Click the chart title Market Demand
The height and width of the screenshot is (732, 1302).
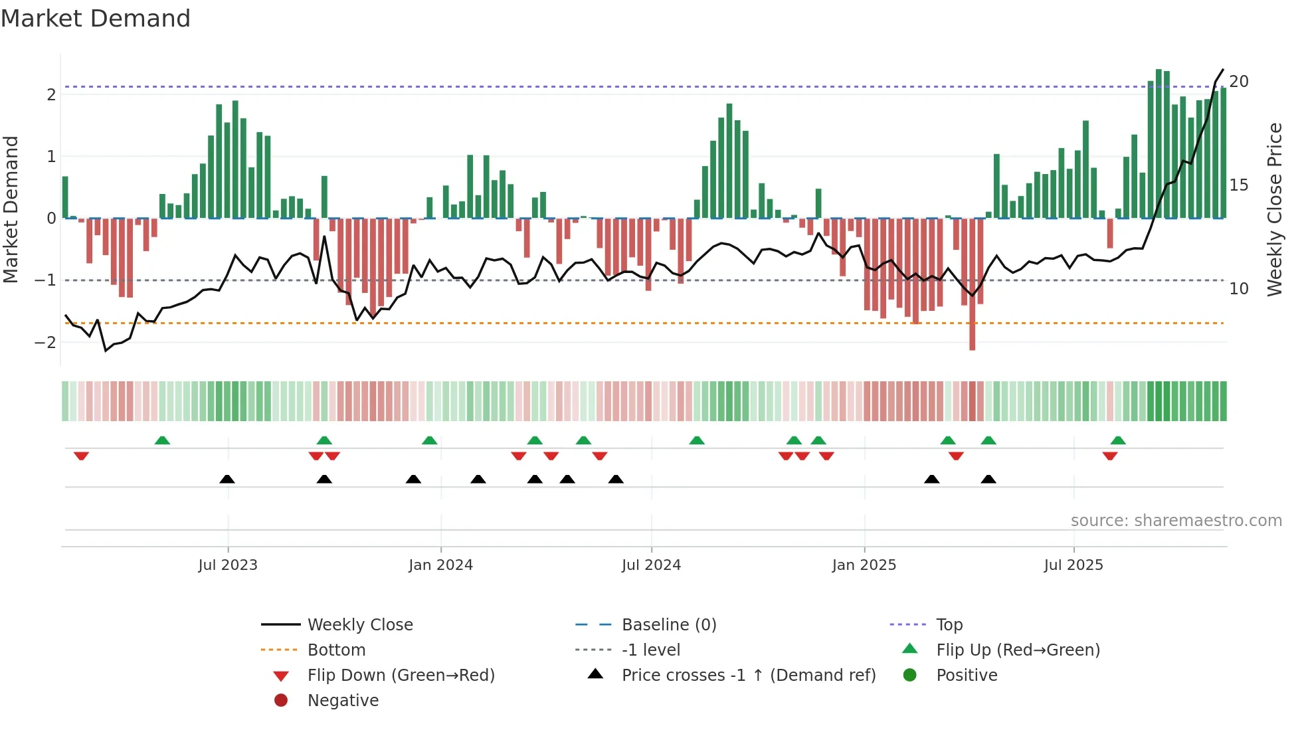pyautogui.click(x=96, y=19)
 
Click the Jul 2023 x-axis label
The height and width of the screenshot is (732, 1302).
pyautogui.click(x=227, y=565)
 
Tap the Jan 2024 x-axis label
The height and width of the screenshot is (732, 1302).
pyautogui.click(x=440, y=565)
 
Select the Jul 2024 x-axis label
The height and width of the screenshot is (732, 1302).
pyautogui.click(x=651, y=565)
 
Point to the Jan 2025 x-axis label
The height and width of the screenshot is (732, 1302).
pyautogui.click(x=864, y=565)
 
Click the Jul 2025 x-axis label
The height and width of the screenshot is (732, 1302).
pyautogui.click(x=1073, y=565)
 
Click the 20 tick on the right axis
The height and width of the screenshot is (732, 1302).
pyautogui.click(x=1238, y=82)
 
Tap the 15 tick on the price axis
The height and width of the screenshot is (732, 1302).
pyautogui.click(x=1238, y=185)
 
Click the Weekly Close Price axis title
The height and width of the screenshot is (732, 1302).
pyautogui.click(x=1274, y=209)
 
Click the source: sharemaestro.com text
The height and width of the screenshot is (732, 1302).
pyautogui.click(x=1176, y=521)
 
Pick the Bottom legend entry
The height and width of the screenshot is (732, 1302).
pyautogui.click(x=336, y=650)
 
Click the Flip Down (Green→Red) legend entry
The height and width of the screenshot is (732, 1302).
pyautogui.click(x=401, y=676)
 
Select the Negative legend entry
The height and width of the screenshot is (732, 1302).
pyautogui.click(x=343, y=701)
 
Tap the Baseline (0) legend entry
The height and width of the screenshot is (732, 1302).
pyautogui.click(x=668, y=625)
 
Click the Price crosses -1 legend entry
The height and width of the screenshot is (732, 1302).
pyautogui.click(x=748, y=676)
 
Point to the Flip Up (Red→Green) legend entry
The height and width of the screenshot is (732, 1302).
pyautogui.click(x=1018, y=650)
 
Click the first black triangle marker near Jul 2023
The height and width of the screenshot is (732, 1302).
pyautogui.click(x=227, y=479)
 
